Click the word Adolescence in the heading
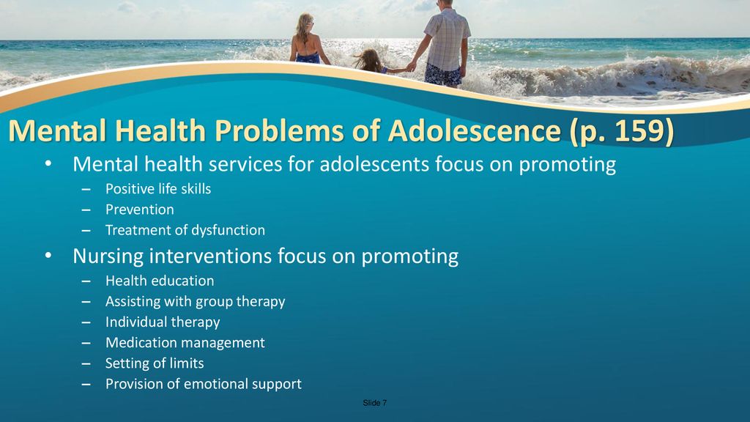coord(474,130)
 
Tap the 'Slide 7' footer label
coord(375,403)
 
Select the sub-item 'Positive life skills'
coord(158,189)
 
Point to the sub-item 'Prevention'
coord(140,210)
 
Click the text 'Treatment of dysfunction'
coord(185,230)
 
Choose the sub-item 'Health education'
coord(160,281)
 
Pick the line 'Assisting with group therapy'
coord(195,302)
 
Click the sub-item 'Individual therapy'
coord(163,322)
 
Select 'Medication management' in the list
coord(185,343)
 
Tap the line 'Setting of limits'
coord(155,363)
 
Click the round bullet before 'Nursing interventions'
coord(48,256)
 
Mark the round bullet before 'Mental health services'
coord(48,164)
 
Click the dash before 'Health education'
coord(86,282)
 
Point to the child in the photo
coord(371,62)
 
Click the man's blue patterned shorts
coord(443,75)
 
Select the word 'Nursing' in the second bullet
coord(108,256)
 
